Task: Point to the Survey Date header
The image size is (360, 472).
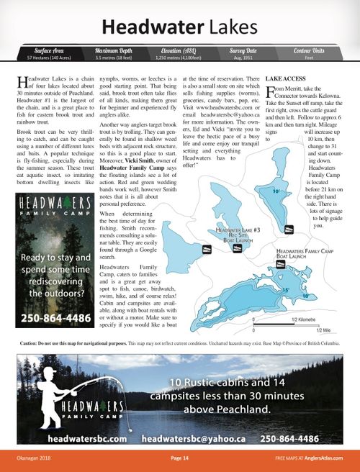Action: (245, 50)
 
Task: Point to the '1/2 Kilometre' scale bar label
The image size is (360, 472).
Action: (305, 317)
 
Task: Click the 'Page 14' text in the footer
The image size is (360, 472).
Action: (179, 458)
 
